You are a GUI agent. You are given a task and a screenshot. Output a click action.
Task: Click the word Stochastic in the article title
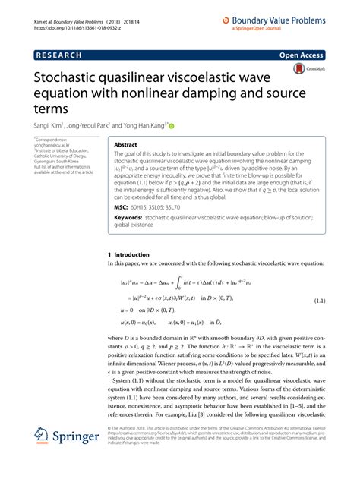click(x=69, y=79)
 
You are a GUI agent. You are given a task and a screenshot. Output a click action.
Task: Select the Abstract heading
click(x=125, y=144)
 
